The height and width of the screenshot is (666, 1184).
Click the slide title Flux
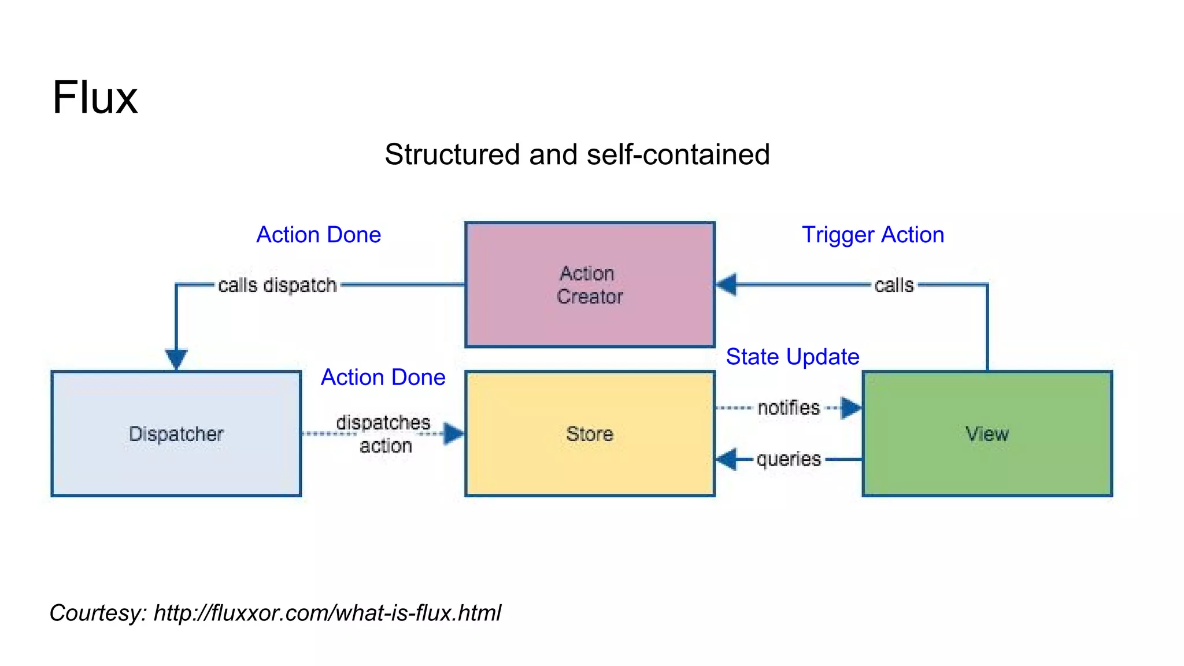(95, 97)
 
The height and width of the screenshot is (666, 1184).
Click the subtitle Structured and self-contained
(577, 154)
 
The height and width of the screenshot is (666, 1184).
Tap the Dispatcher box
(176, 434)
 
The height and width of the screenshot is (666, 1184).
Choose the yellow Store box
(590, 434)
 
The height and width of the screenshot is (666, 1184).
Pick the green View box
(987, 434)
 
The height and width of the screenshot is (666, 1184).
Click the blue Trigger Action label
(872, 235)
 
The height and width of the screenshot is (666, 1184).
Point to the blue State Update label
(792, 357)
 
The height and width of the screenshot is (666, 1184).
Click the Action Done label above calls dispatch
(319, 235)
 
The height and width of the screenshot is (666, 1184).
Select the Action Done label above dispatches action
(383, 377)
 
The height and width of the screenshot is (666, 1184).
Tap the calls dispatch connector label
(277, 285)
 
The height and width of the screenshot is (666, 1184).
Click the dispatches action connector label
(384, 434)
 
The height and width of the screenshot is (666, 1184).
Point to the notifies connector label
(789, 408)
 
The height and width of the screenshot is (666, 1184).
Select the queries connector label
(789, 459)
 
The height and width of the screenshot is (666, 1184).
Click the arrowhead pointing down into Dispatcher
(176, 359)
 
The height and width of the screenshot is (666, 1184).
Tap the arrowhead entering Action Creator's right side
(727, 284)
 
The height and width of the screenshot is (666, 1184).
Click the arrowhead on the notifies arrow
(851, 408)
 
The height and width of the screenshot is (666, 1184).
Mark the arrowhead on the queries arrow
(727, 459)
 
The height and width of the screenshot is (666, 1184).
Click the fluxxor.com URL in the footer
(327, 613)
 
